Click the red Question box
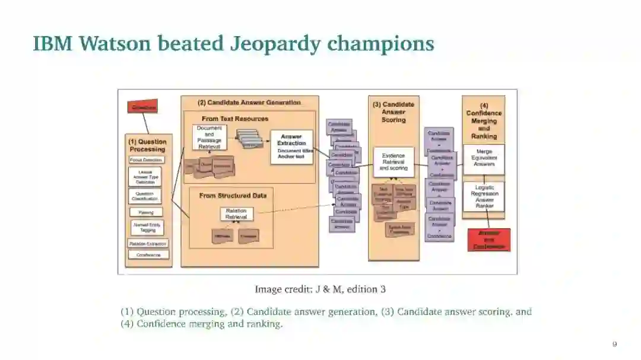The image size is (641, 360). pyautogui.click(x=144, y=107)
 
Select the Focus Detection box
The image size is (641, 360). pyautogui.click(x=146, y=160)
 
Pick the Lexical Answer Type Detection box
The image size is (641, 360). pyautogui.click(x=145, y=177)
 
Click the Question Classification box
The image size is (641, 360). pyautogui.click(x=145, y=196)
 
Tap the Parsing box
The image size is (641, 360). pyautogui.click(x=146, y=212)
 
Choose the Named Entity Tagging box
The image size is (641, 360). pyautogui.click(x=147, y=228)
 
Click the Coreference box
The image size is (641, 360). pyautogui.click(x=148, y=255)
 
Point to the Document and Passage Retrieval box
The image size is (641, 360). pyautogui.click(x=209, y=137)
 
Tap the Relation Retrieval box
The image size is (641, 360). pyautogui.click(x=236, y=214)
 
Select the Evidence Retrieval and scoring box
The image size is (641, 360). pyautogui.click(x=394, y=162)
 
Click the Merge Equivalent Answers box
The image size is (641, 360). pyautogui.click(x=484, y=158)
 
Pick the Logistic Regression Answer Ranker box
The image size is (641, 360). pyautogui.click(x=484, y=196)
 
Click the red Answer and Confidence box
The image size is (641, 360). pyautogui.click(x=489, y=240)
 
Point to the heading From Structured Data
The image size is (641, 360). pyautogui.click(x=233, y=196)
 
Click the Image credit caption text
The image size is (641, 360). pyautogui.click(x=320, y=289)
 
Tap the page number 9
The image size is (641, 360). pyautogui.click(x=614, y=344)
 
